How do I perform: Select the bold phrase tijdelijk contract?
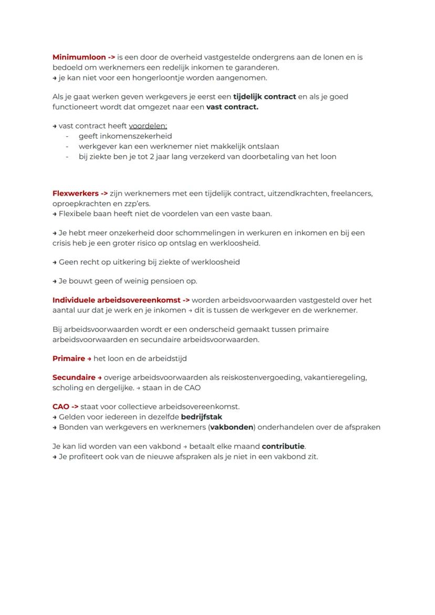tap(264, 97)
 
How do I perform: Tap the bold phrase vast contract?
tap(232, 107)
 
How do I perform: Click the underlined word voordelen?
tap(148, 126)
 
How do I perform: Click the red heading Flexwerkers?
tap(76, 194)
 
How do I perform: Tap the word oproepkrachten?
tap(81, 204)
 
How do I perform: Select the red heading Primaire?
tap(68, 359)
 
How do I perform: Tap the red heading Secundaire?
tap(74, 378)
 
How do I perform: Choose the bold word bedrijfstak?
tap(201, 417)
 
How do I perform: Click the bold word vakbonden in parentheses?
tap(232, 427)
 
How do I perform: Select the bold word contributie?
tap(283, 447)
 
